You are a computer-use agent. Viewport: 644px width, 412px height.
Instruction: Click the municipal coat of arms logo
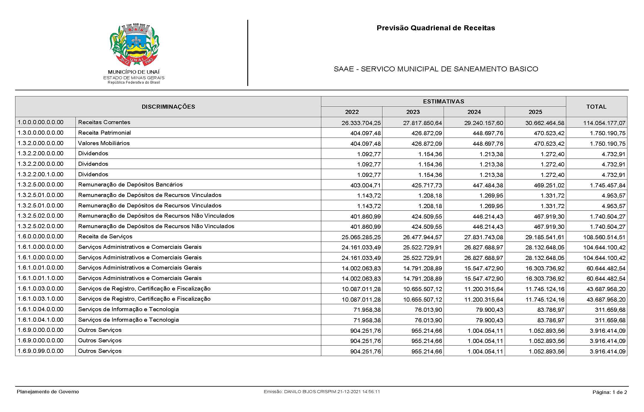point(134,45)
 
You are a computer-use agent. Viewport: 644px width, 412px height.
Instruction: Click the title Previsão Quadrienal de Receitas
point(435,28)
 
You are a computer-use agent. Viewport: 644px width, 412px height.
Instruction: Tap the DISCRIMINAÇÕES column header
point(168,107)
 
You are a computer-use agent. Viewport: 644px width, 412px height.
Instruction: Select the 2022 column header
point(352,112)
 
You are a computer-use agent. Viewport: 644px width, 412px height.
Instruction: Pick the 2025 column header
point(535,112)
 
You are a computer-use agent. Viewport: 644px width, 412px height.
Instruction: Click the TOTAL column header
point(596,107)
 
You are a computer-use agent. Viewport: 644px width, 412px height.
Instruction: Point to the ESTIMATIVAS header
point(443,101)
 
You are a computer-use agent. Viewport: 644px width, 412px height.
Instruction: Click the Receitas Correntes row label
point(104,122)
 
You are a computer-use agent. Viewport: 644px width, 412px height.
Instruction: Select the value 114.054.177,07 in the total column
point(604,123)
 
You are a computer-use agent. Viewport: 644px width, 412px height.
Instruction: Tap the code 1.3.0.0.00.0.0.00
point(40,133)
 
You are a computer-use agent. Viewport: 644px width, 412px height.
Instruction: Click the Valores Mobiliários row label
point(104,143)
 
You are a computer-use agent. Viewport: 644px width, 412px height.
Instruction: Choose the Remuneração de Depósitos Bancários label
point(130,185)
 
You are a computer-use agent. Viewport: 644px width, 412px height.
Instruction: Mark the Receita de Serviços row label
point(105,237)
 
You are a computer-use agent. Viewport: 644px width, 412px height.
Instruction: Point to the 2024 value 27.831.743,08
point(484,237)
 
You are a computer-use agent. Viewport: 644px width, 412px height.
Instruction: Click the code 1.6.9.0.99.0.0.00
point(40,351)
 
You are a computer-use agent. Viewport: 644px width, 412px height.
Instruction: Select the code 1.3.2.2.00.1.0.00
point(40,174)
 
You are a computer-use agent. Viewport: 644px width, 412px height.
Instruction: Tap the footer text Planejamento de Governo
point(48,392)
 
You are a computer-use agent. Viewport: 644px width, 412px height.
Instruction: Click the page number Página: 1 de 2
point(610,392)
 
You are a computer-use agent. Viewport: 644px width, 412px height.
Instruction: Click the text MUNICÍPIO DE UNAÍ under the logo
point(134,72)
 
